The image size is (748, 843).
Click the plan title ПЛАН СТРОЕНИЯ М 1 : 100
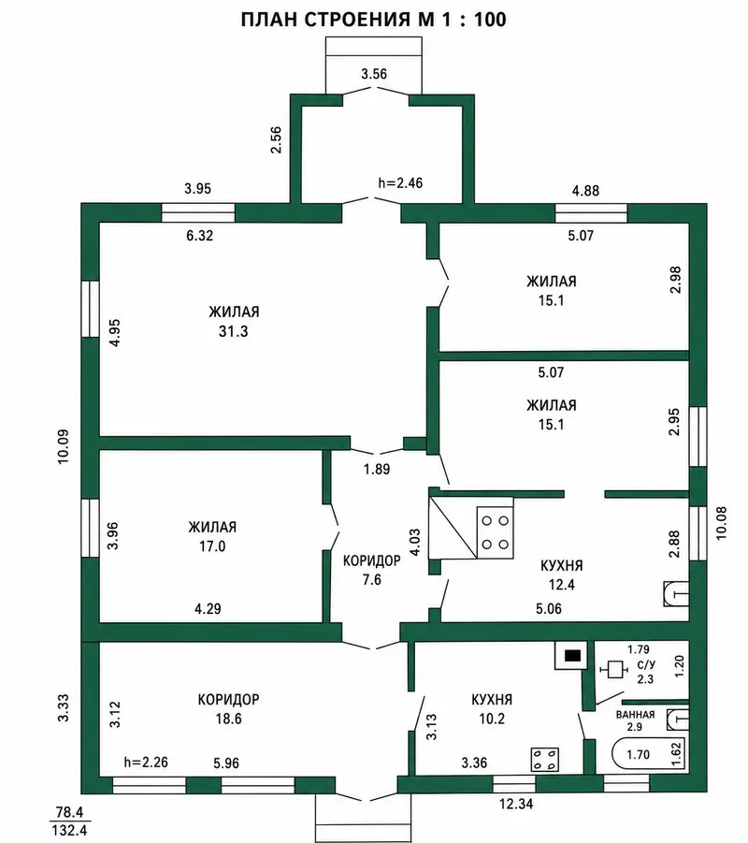coord(373,20)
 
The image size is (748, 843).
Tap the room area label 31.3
coord(233,331)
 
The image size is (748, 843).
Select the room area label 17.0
coord(212,546)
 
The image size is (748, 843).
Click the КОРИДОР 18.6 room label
coord(228,709)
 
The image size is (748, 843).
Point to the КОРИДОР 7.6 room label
coord(372,570)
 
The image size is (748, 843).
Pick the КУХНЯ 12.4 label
coord(562,574)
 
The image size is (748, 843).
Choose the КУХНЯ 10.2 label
coord(492,709)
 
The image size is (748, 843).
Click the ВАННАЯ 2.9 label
coord(635,720)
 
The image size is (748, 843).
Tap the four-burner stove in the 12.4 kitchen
coord(495,532)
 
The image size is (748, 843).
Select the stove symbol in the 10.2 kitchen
coord(545,759)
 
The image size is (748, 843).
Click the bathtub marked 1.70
coord(648,754)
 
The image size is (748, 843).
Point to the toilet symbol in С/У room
coord(613,670)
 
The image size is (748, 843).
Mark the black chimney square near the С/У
coord(574,656)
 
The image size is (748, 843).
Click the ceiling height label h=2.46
coord(400,183)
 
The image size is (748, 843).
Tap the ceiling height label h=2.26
coord(146,762)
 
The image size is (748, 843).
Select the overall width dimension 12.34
coord(516,804)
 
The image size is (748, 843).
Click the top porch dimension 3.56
coord(374,74)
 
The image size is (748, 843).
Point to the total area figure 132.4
coord(69,830)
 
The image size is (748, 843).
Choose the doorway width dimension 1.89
coord(376,470)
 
